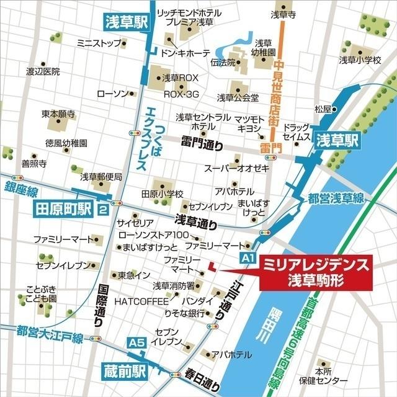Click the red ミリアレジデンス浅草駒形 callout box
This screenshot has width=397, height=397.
coord(316,272)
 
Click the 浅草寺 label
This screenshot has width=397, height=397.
coord(283,14)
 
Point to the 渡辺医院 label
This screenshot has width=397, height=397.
coord(43,71)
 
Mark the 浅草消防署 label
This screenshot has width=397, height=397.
coord(174,286)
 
